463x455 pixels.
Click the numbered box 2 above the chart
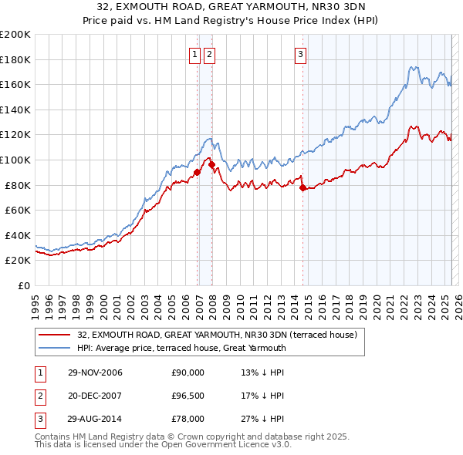coord(209,54)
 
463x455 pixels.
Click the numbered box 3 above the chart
coord(300,54)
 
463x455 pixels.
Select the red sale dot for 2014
coord(302,187)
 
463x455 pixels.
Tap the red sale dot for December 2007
coord(211,164)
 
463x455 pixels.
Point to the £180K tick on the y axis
coord(16,59)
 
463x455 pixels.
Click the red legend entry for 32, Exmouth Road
coord(217,335)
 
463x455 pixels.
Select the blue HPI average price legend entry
coord(182,348)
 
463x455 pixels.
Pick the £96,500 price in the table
coord(188,396)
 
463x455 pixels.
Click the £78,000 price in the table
coord(188,419)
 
